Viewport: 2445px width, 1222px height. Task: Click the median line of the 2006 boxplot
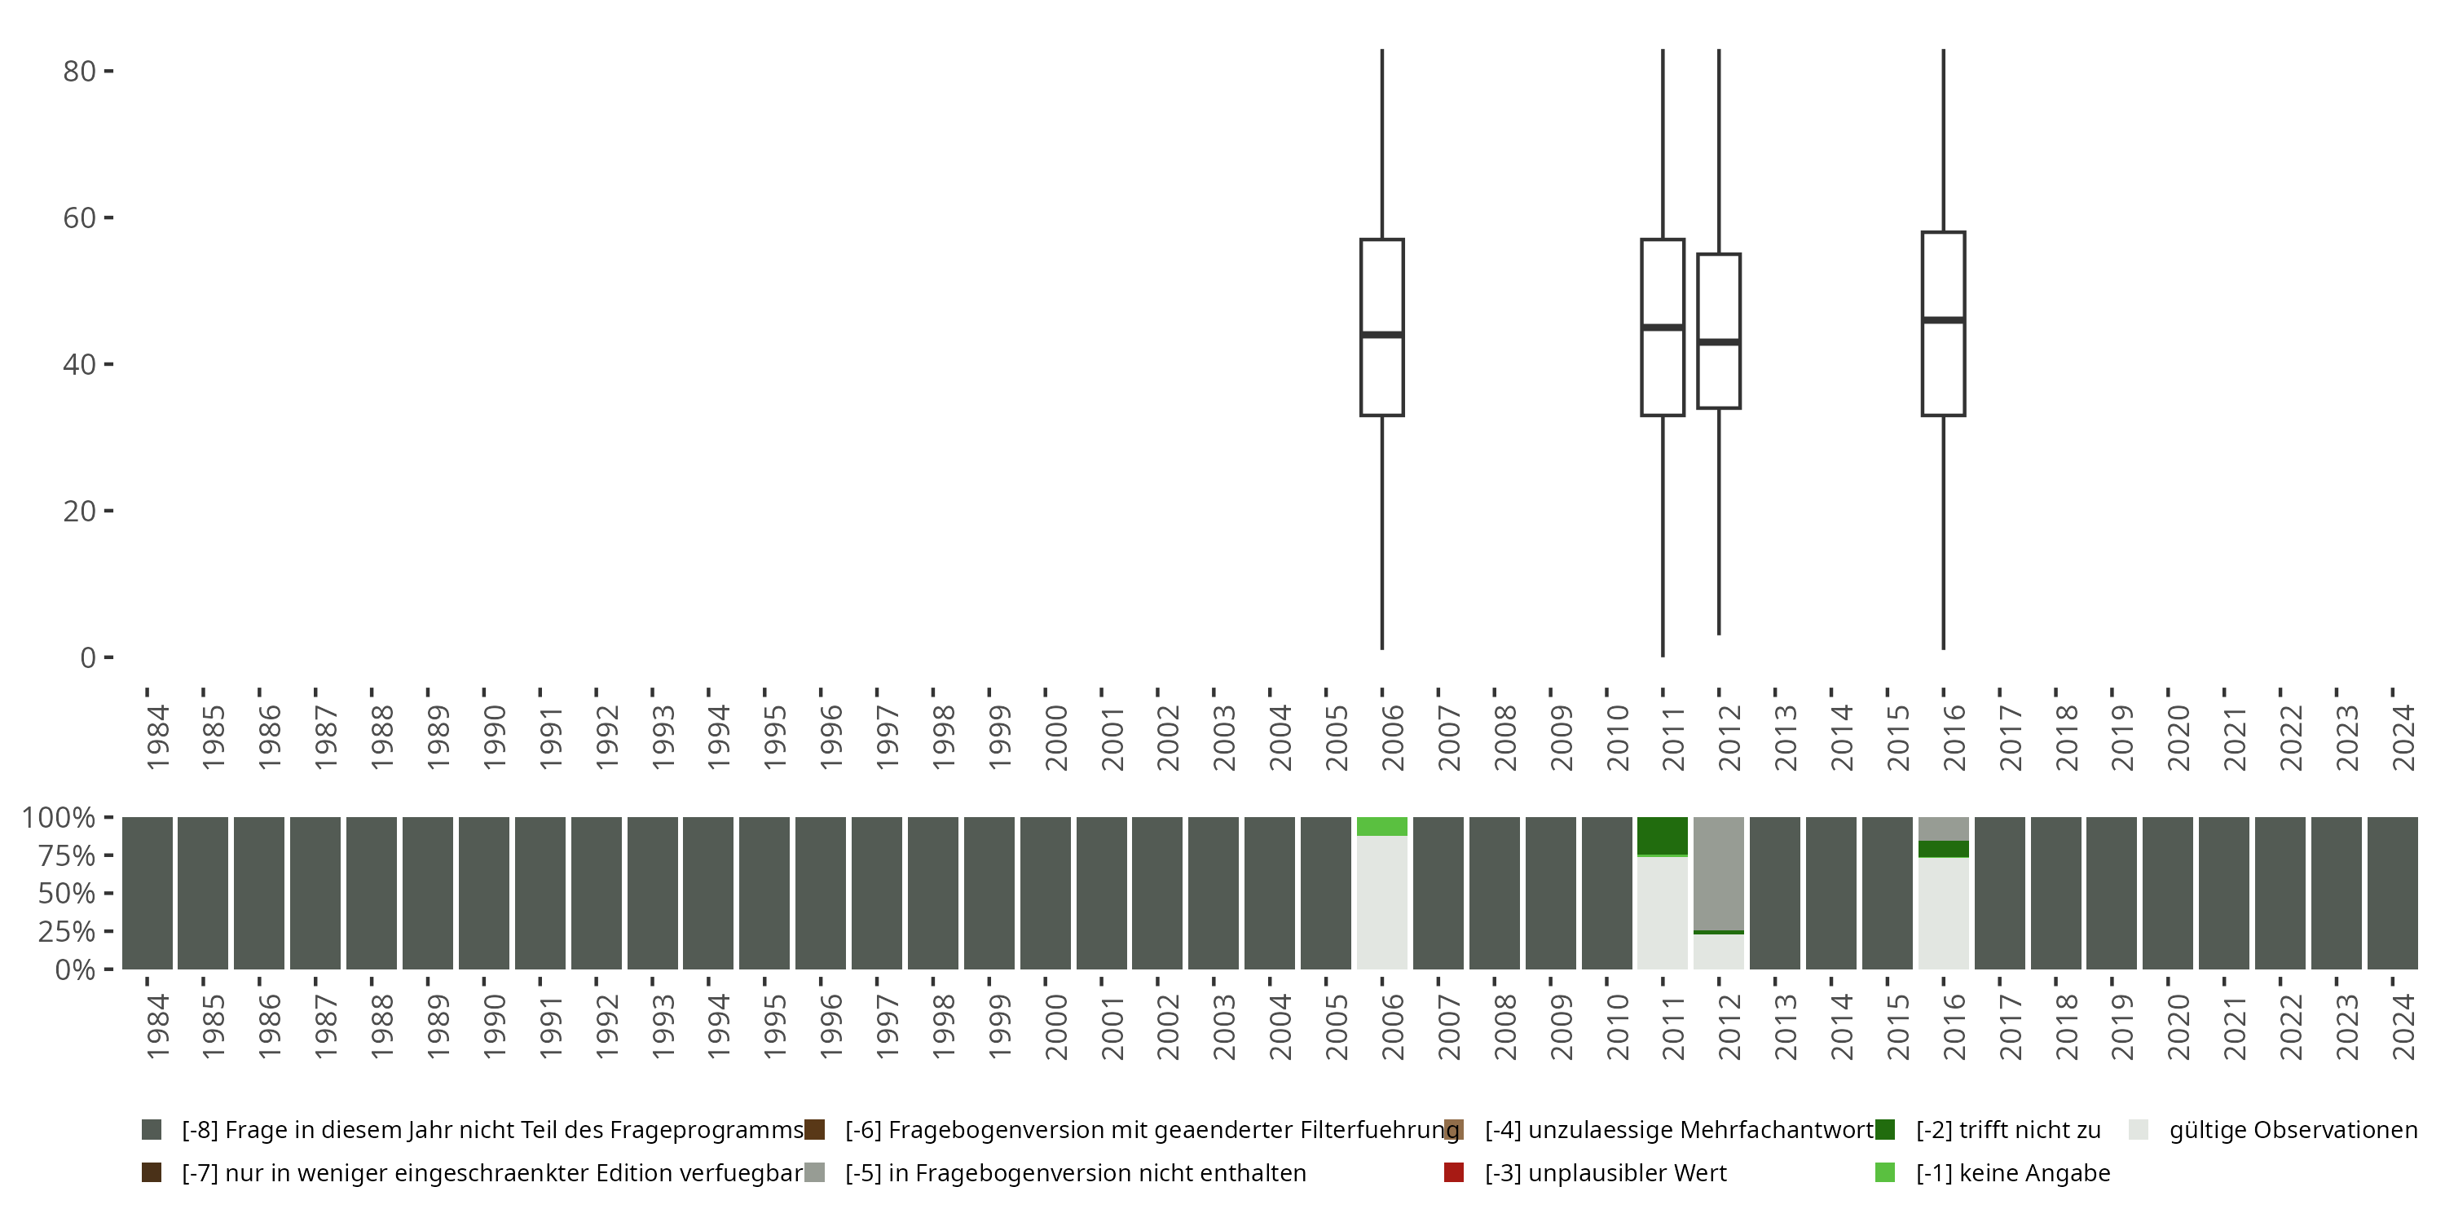click(x=1382, y=334)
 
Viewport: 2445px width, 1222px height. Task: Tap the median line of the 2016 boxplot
click(x=1943, y=319)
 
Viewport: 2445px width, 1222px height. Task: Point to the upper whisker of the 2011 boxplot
click(x=1663, y=143)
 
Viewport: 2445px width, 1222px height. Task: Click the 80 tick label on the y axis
click(x=79, y=71)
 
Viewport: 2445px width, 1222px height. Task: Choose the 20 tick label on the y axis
click(x=79, y=512)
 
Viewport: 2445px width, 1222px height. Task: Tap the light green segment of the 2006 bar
click(x=1382, y=826)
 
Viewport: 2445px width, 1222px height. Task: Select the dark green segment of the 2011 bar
click(x=1663, y=835)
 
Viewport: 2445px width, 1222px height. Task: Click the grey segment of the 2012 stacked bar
click(x=1719, y=873)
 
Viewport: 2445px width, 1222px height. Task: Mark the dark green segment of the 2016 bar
click(x=1943, y=848)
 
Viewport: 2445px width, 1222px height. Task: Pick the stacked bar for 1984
click(x=148, y=893)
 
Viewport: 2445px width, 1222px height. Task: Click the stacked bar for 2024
click(x=2392, y=893)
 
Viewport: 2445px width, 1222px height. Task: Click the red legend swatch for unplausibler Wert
click(x=1453, y=1172)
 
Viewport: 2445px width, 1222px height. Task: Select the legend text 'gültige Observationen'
click(x=2293, y=1130)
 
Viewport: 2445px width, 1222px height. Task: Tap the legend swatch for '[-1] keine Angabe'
click(x=1885, y=1172)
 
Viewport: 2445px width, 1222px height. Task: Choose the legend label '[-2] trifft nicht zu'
click(x=2008, y=1130)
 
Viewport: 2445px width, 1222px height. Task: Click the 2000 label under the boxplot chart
click(x=1055, y=738)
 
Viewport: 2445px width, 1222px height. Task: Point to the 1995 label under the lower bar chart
click(x=774, y=1026)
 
